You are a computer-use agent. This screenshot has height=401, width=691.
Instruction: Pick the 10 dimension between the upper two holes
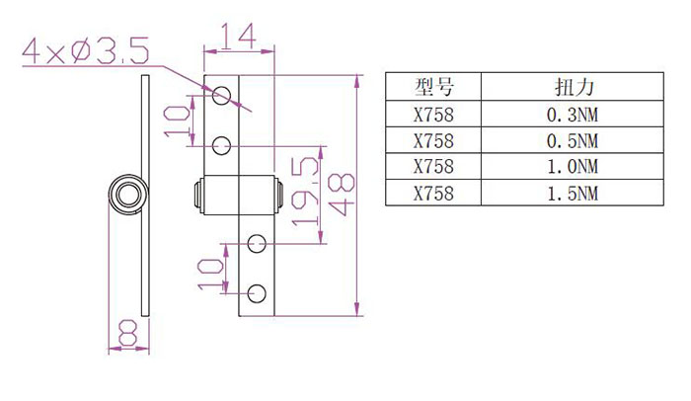177,120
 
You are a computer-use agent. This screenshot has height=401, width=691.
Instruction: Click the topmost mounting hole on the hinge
222,95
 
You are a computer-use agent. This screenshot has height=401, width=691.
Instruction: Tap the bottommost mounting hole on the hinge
257,292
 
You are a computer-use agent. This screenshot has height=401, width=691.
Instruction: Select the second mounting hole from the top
222,146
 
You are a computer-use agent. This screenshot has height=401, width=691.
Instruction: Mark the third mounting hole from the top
257,241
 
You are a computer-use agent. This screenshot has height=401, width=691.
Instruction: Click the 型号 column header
433,87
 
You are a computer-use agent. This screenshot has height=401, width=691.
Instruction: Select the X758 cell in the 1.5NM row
433,194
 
